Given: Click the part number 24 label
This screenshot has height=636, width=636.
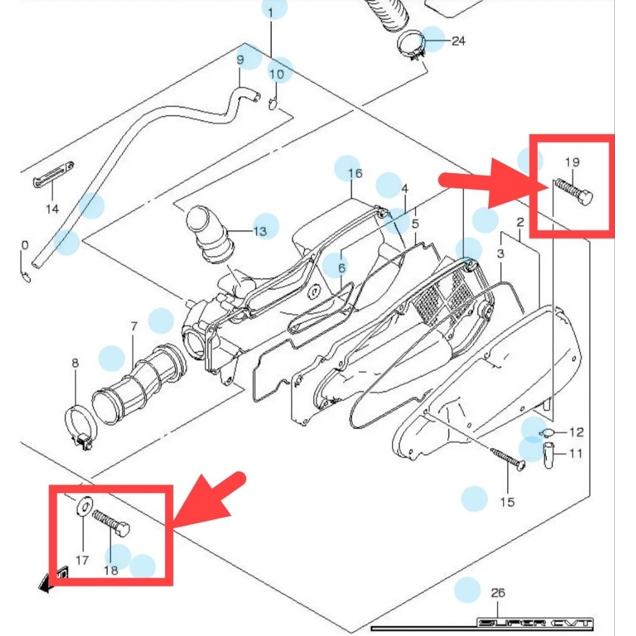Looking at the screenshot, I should (x=458, y=42).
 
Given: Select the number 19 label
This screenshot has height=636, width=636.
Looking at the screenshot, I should (x=572, y=162).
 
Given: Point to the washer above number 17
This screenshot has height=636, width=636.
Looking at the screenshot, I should (x=84, y=506).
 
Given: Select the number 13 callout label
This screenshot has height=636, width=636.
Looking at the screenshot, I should (x=260, y=232).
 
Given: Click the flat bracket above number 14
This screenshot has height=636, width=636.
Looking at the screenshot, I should (x=52, y=175).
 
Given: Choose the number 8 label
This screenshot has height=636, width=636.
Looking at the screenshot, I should (x=75, y=363).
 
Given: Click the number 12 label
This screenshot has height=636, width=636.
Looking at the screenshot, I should (x=576, y=432).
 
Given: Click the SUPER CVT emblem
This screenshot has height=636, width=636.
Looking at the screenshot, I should (x=535, y=623).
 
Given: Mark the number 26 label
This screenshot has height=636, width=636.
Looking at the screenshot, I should (x=498, y=593).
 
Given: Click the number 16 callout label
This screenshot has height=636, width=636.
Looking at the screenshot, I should (x=354, y=173).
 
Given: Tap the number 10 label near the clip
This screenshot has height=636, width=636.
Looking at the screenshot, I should (x=276, y=75).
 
